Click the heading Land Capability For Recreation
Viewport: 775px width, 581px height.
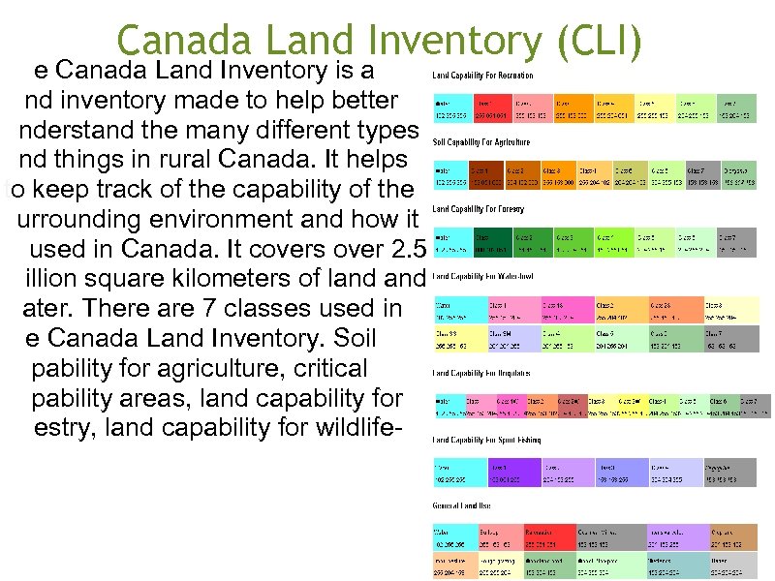tap(482, 76)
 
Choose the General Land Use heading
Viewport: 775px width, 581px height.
tap(462, 505)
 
